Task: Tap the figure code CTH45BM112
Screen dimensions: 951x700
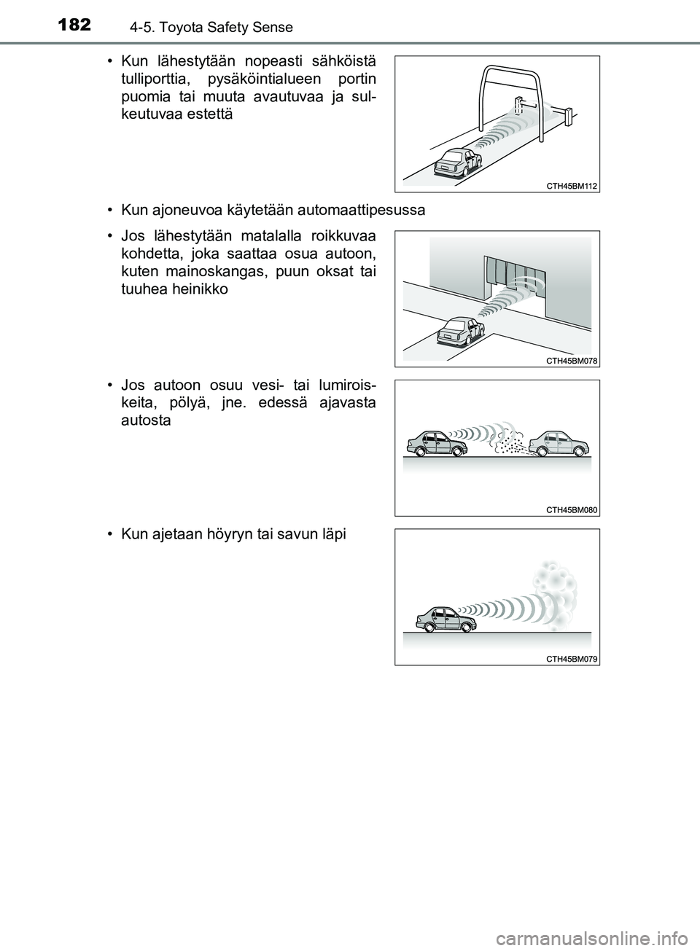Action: click(x=572, y=187)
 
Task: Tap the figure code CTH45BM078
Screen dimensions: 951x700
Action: click(x=572, y=361)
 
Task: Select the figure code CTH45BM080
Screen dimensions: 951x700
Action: click(x=572, y=510)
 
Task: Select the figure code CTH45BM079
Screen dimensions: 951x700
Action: click(x=572, y=659)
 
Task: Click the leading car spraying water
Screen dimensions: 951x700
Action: click(x=558, y=443)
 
